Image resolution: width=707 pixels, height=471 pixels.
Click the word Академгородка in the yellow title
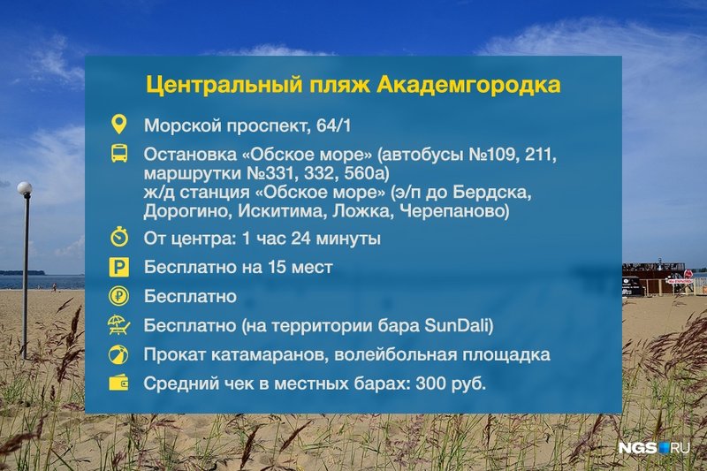(468, 86)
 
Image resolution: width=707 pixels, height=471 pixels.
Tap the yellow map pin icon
(119, 124)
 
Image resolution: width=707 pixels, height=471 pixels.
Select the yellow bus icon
(119, 153)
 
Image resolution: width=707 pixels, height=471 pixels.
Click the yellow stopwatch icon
(119, 237)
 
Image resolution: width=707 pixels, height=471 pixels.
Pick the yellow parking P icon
(119, 267)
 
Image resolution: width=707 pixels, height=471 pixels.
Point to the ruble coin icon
(119, 296)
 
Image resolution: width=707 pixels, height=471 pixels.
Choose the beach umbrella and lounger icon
(119, 325)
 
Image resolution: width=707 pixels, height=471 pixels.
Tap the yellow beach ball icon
(118, 354)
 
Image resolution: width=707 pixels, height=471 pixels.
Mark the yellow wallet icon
(118, 384)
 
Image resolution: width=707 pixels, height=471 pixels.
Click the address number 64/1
(334, 125)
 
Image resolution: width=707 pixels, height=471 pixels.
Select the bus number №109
(494, 155)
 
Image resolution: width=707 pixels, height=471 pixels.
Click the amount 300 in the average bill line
(430, 384)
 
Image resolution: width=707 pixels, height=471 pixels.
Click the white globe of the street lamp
(25, 187)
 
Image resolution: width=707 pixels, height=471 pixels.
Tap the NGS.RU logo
(654, 448)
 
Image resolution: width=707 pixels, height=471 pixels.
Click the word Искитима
(279, 211)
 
